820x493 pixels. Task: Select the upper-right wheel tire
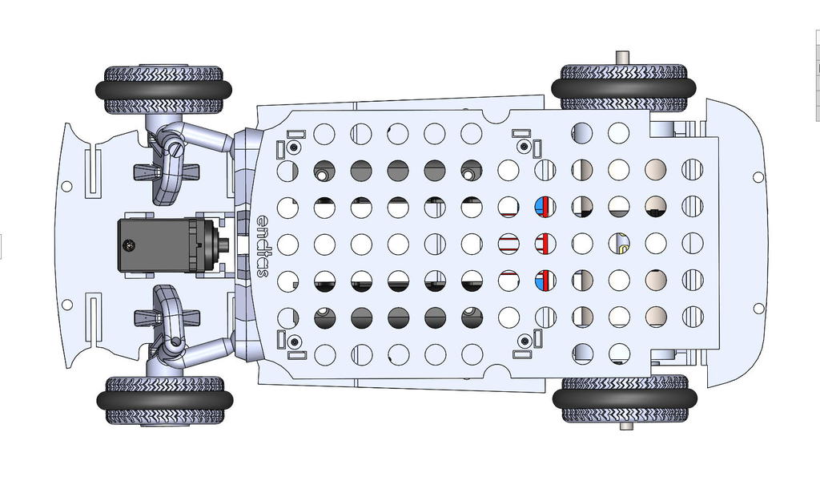click(623, 87)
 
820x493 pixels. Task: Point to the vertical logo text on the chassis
click(263, 244)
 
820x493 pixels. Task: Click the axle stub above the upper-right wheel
click(622, 58)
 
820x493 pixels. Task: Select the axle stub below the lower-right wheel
click(625, 426)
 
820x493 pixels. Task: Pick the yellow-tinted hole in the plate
click(619, 244)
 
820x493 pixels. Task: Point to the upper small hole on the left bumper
click(66, 186)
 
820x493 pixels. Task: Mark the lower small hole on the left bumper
click(66, 305)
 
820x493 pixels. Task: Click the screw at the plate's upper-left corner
click(295, 147)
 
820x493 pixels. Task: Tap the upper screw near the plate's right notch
click(525, 147)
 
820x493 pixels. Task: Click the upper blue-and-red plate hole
click(545, 207)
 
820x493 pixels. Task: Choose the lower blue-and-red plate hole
click(545, 280)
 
